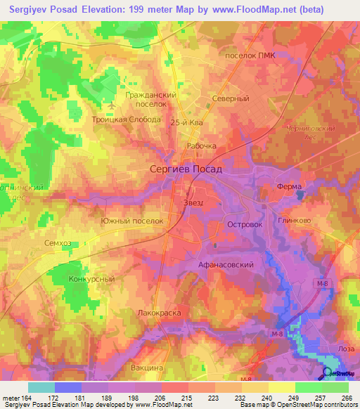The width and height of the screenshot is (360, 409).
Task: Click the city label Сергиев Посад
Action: point(186,169)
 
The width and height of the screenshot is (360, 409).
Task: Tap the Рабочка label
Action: point(201,146)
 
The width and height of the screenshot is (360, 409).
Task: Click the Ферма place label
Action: point(288,186)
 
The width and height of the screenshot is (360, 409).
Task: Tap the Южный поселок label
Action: point(132,221)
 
